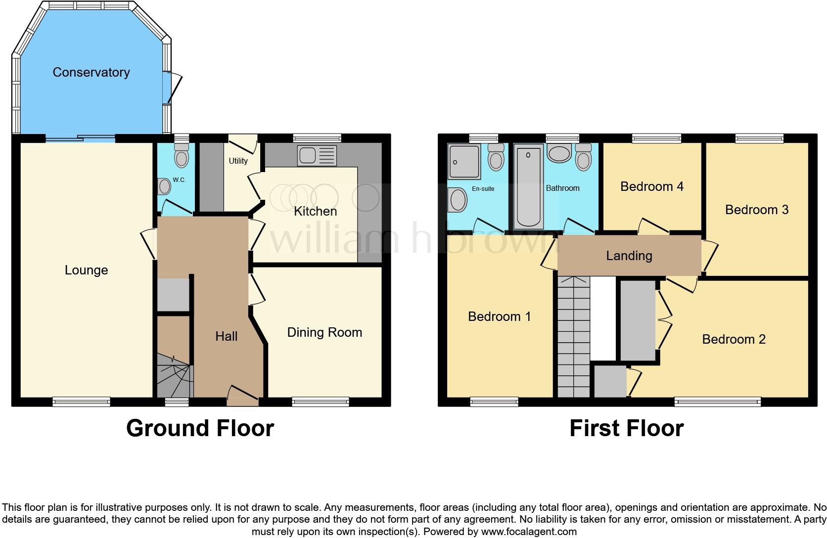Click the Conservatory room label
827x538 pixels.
click(91, 72)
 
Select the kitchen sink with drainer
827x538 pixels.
click(317, 155)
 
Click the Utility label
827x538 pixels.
click(238, 161)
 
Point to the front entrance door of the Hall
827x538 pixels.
click(243, 396)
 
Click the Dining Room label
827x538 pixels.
click(324, 332)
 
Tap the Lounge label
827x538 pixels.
click(86, 270)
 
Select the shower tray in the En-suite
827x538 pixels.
click(463, 161)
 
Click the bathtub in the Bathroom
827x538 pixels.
click(528, 187)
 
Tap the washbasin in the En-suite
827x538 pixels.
click(458, 200)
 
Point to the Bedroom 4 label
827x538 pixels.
click(651, 186)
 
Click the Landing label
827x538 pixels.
click(629, 256)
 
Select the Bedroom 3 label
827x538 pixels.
click(756, 210)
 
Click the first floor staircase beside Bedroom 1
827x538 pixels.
click(574, 336)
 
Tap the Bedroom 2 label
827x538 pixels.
click(734, 339)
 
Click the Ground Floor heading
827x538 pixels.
click(200, 428)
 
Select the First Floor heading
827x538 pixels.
click(626, 428)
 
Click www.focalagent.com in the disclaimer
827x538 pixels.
click(529, 532)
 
